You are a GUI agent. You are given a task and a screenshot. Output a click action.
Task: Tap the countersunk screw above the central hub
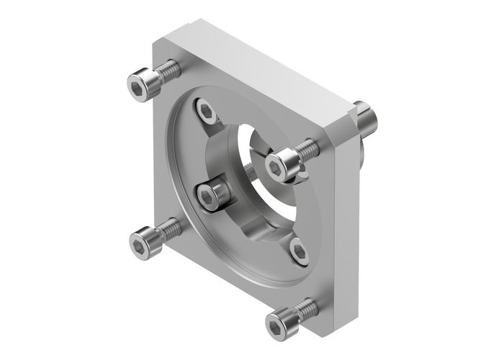click(207, 110)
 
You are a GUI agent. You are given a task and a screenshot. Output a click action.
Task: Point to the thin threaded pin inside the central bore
click(248, 173)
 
